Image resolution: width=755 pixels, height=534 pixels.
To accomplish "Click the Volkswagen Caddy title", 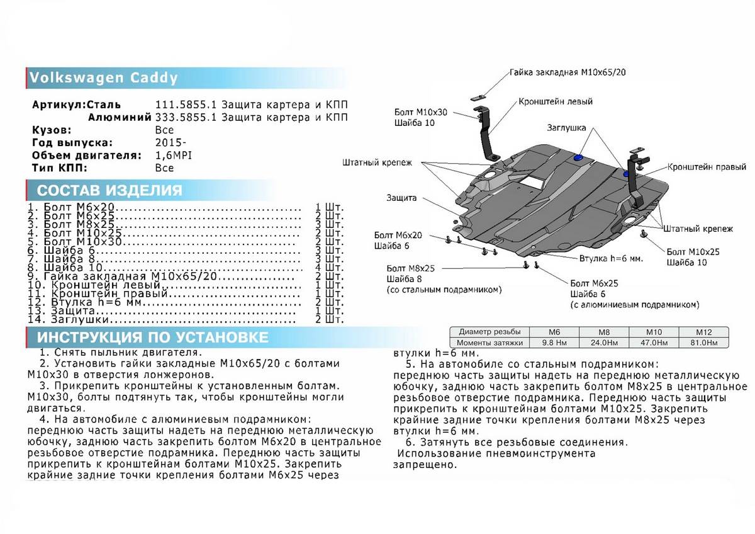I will click(104, 79).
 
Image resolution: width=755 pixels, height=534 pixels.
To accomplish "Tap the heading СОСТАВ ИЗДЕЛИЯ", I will click(110, 191).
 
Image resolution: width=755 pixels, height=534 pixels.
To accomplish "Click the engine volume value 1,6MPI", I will click(173, 156).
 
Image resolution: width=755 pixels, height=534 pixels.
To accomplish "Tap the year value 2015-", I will click(166, 143).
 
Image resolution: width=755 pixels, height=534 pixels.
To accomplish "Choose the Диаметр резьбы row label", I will click(489, 332).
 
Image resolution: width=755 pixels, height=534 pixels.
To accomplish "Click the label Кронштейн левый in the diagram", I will click(556, 101).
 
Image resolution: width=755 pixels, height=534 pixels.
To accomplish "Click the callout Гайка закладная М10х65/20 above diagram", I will click(568, 73).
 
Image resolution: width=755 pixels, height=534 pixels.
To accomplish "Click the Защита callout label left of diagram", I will click(401, 198).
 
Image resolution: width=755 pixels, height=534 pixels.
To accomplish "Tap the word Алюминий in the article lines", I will click(119, 117).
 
